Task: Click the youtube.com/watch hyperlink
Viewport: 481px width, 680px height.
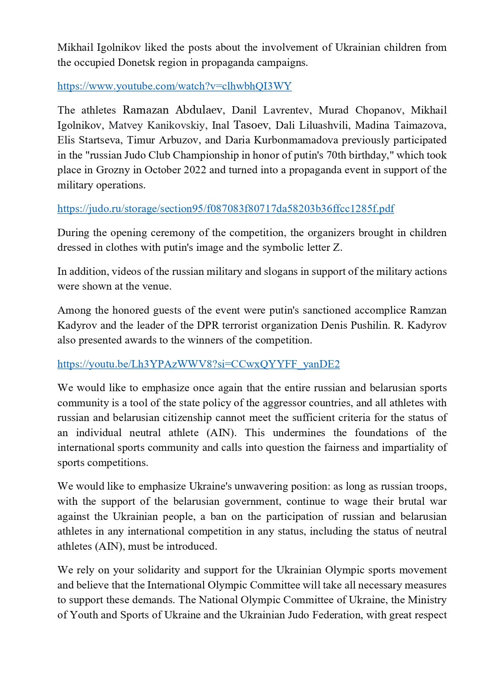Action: tap(174, 86)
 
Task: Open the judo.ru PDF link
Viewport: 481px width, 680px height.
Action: tap(226, 209)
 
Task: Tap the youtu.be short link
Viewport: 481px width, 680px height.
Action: tap(198, 364)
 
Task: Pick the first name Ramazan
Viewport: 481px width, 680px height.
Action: tap(145, 110)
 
